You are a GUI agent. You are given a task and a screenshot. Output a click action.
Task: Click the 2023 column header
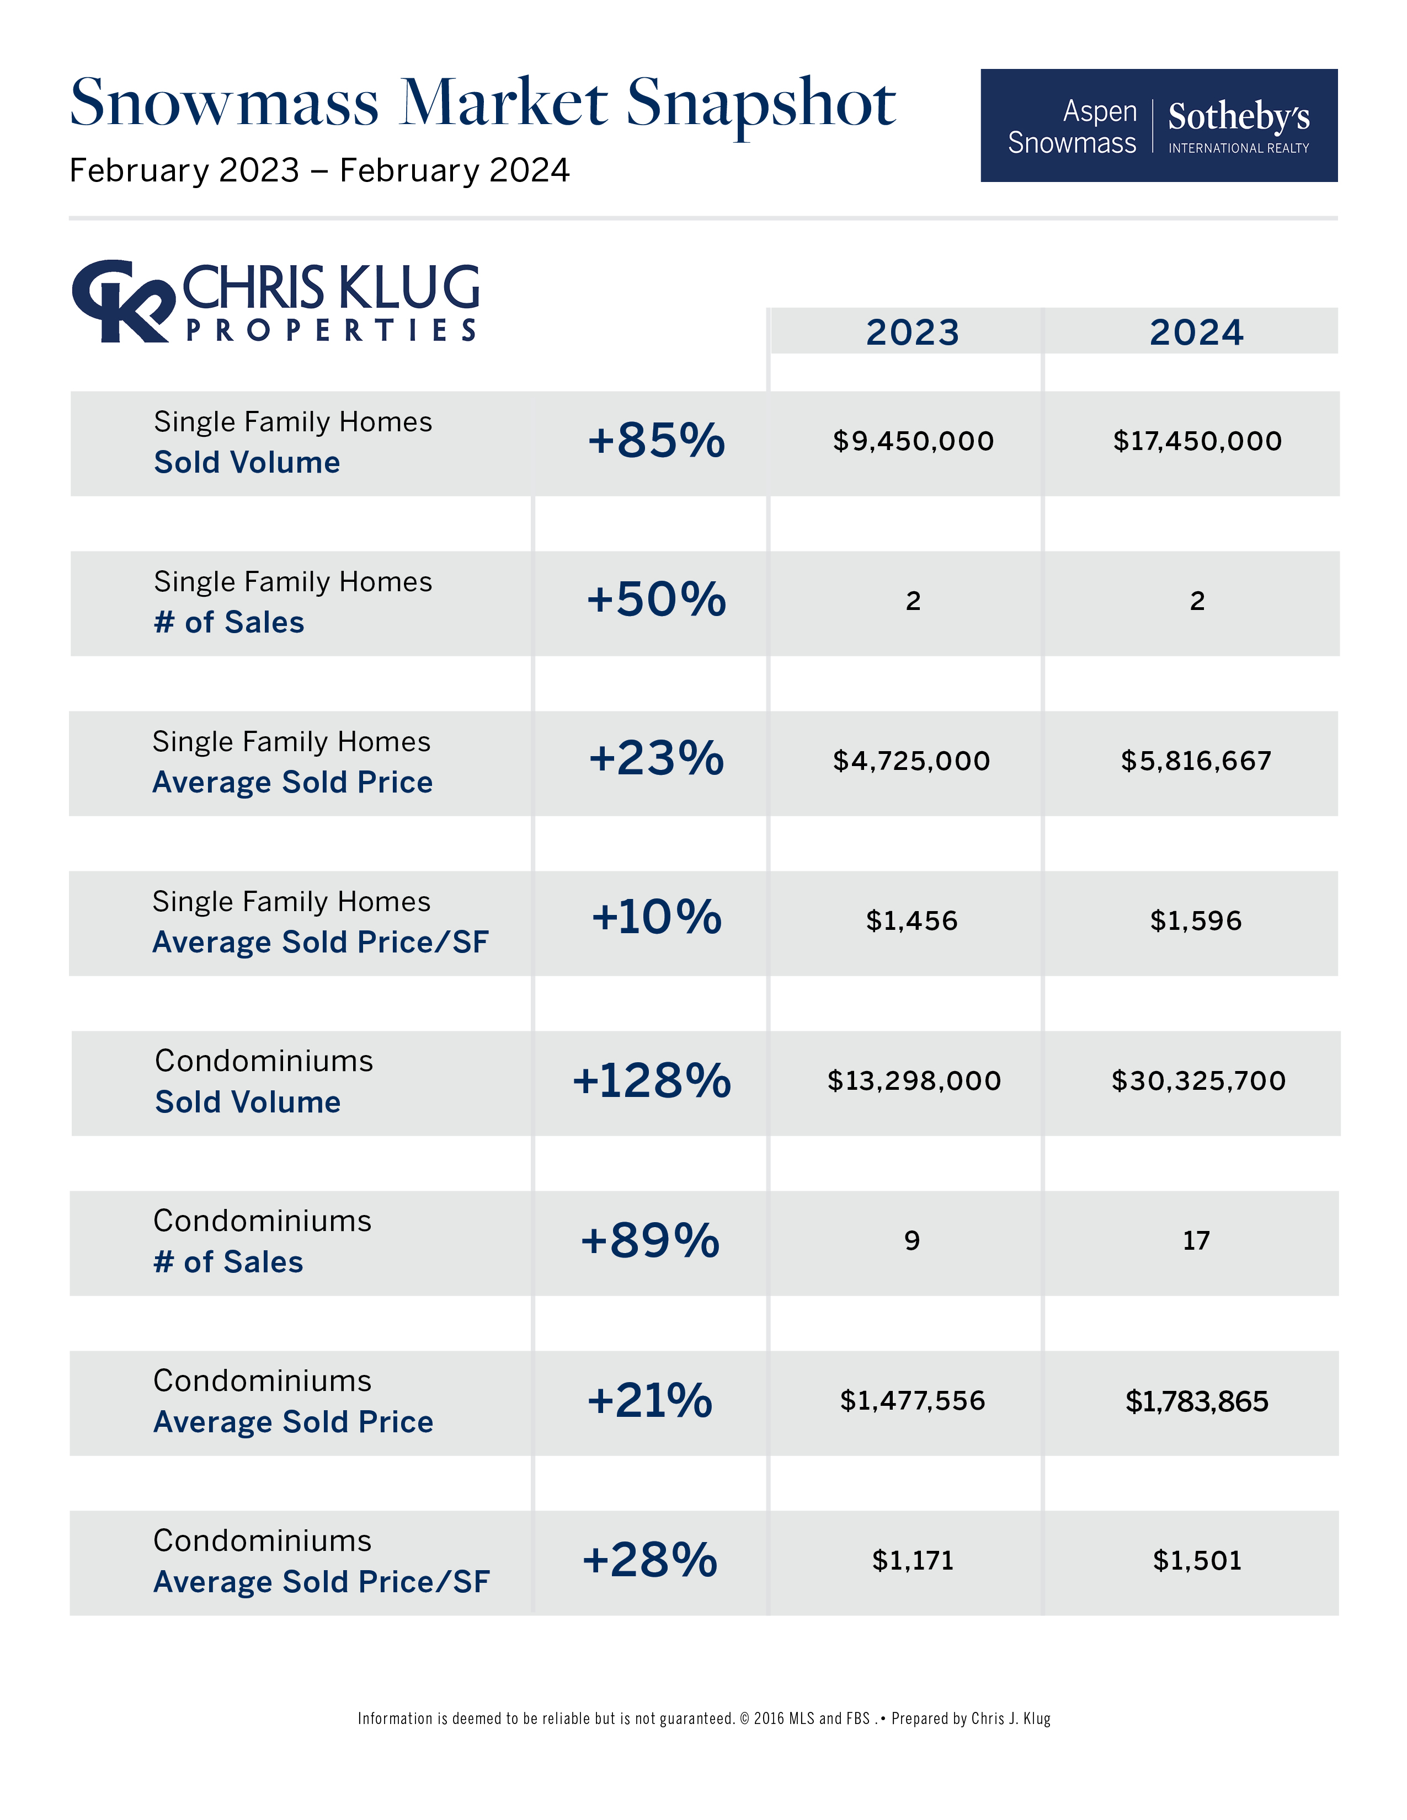click(912, 333)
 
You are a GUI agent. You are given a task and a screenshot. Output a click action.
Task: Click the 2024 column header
click(1196, 333)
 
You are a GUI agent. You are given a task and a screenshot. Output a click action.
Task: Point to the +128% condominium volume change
click(651, 1081)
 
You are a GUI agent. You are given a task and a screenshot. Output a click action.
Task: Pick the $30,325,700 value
click(1198, 1081)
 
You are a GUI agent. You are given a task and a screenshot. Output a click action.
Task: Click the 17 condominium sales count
click(1196, 1241)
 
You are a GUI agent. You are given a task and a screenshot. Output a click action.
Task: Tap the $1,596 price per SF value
click(1196, 921)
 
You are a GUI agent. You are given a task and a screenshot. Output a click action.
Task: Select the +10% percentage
click(656, 918)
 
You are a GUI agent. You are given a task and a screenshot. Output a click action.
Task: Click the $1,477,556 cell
click(912, 1401)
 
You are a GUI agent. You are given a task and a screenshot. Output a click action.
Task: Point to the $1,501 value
click(1197, 1561)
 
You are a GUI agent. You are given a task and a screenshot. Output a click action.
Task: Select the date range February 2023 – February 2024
click(319, 171)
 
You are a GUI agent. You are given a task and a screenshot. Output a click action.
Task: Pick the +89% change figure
click(649, 1241)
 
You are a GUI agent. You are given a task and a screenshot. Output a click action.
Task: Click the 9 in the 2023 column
click(912, 1241)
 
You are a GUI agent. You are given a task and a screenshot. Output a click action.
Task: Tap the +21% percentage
click(649, 1401)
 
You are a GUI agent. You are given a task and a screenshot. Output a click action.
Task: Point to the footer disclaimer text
click(703, 1719)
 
